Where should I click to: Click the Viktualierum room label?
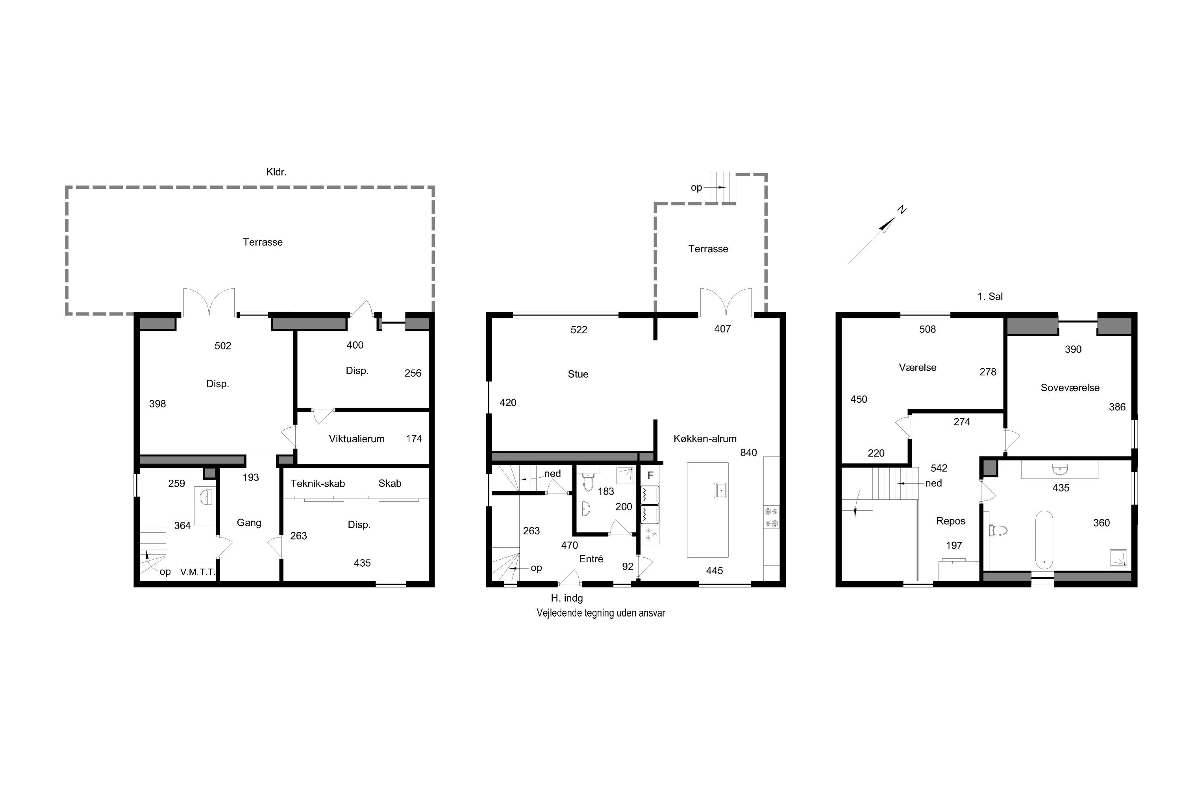coord(357,439)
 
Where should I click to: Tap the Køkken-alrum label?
coord(705,439)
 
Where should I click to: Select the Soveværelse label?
coord(1070,388)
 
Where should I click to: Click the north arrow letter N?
coord(902,210)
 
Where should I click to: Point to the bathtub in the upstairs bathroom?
coord(1044,539)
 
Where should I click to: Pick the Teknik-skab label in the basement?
coord(317,483)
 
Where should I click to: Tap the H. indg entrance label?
coord(567,598)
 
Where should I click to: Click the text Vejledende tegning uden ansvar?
coord(601,613)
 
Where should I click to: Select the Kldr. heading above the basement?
coord(276,172)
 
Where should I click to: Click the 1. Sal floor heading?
coord(990,296)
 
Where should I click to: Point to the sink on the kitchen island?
coord(720,490)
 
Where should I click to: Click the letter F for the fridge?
coord(650,475)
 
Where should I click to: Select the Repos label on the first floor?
coord(951,521)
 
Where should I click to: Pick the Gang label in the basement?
coord(249,523)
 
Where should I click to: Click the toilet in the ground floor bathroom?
coord(589,483)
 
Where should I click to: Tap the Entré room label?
coord(591,559)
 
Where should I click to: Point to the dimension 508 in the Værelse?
coord(927,329)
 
